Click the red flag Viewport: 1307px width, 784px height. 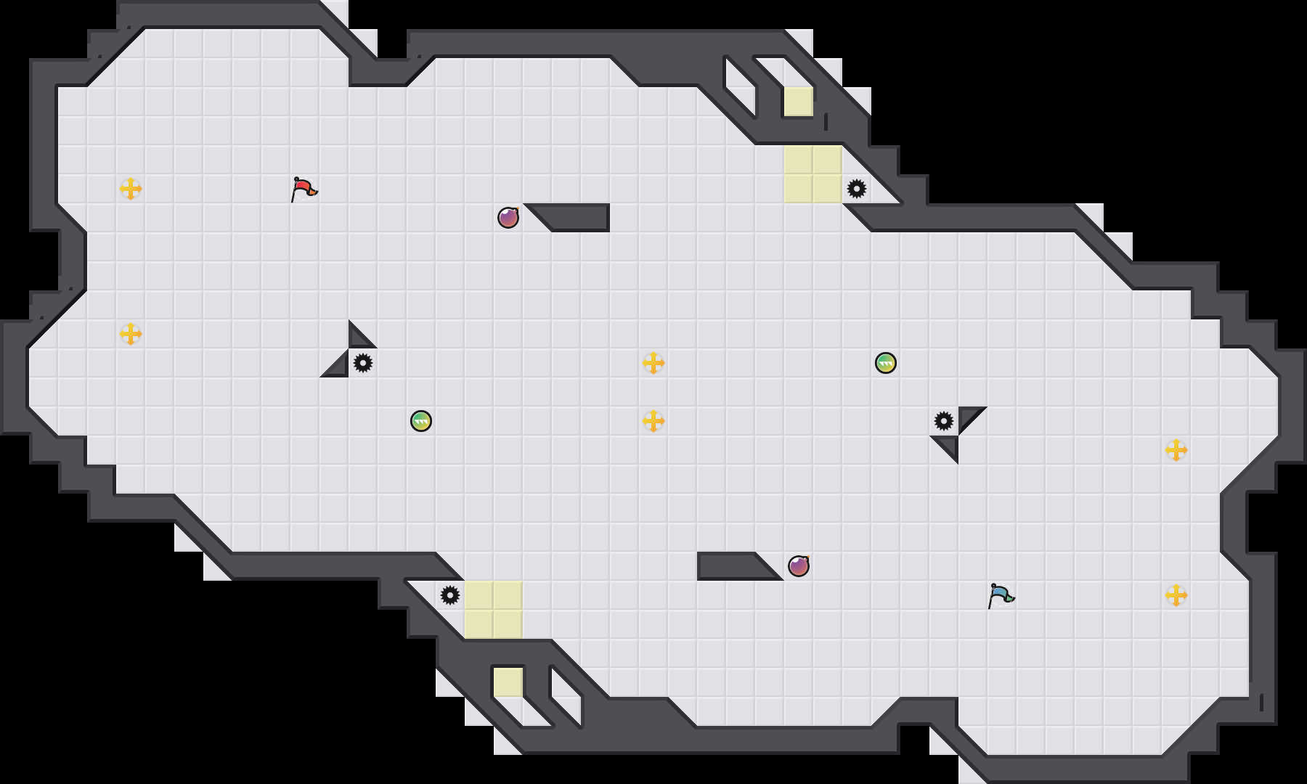click(304, 189)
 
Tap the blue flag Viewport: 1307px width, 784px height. click(1001, 595)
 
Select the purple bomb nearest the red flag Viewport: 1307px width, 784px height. click(508, 217)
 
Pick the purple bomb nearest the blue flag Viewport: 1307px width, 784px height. click(799, 565)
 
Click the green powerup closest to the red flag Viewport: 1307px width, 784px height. click(421, 420)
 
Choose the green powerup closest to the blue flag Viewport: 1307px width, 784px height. click(886, 362)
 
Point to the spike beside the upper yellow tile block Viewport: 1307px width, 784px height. click(857, 189)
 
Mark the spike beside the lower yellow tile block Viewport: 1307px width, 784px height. click(450, 595)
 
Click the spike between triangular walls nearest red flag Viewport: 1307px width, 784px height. click(363, 362)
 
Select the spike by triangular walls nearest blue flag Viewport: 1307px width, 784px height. click(944, 420)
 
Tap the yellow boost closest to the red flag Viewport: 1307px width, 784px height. click(131, 189)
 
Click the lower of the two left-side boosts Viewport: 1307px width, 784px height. click(131, 334)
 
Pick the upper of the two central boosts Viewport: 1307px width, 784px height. click(653, 363)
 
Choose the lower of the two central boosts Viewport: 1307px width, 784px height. click(653, 421)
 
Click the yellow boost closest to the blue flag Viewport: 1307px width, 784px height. click(1176, 595)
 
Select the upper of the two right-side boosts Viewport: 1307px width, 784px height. click(1176, 450)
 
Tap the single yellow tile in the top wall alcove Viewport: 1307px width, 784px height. click(799, 102)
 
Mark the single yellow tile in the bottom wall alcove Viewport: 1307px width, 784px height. click(508, 682)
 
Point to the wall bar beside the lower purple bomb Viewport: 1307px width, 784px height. click(730, 565)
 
